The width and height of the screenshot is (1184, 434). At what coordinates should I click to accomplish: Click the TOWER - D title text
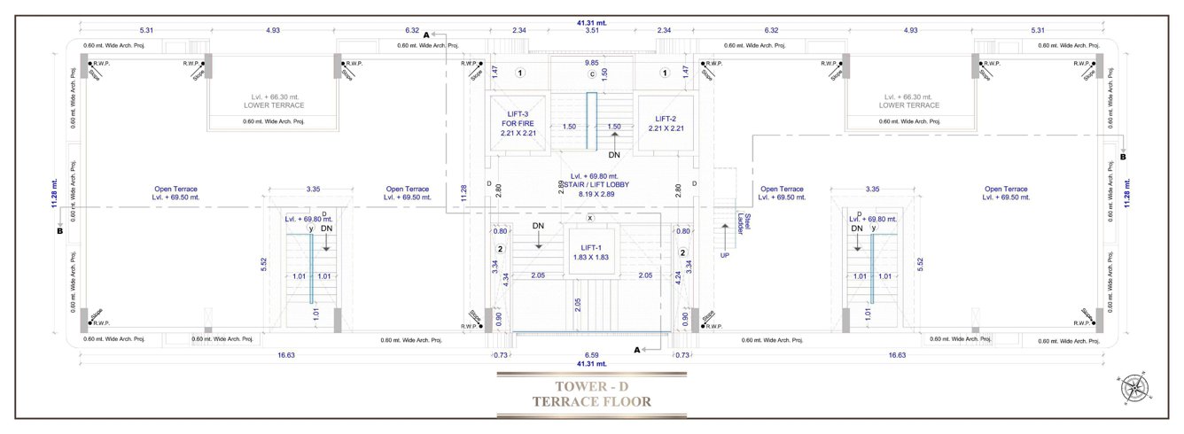[x=591, y=385]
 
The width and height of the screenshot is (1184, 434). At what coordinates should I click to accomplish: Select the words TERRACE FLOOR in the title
[x=591, y=401]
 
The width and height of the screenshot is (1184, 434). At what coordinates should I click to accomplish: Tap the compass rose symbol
[x=1133, y=388]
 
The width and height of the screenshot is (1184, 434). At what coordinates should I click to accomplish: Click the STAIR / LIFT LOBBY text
[x=592, y=184]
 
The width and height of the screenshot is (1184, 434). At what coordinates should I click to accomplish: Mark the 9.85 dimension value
[x=591, y=63]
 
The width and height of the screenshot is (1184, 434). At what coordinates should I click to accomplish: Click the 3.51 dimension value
[x=591, y=30]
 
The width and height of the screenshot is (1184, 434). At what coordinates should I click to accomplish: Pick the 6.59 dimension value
[x=591, y=355]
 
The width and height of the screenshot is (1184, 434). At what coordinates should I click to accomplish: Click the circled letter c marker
[x=591, y=74]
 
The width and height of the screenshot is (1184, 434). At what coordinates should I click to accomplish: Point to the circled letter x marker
[x=589, y=217]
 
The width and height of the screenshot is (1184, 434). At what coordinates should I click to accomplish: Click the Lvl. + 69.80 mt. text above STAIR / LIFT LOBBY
[x=592, y=175]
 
